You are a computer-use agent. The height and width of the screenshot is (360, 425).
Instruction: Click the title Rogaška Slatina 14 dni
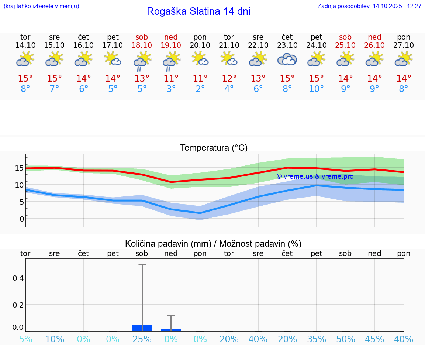coord(198,11)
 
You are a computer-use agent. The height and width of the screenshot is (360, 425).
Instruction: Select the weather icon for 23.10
coord(287,59)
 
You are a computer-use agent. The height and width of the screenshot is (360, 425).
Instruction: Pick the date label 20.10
coord(200,45)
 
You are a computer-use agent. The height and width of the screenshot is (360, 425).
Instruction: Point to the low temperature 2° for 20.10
coord(200,89)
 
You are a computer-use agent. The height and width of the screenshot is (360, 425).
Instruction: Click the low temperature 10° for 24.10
coord(317,89)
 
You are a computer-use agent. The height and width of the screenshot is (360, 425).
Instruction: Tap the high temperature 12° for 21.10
coord(229,78)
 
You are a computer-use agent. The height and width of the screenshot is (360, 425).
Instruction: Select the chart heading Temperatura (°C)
coord(214,148)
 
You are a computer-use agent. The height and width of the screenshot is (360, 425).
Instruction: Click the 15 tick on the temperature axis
coord(19,168)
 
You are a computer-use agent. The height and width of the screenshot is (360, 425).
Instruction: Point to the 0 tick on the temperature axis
coord(22,219)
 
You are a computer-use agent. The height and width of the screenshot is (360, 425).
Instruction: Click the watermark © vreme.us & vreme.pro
coord(315,176)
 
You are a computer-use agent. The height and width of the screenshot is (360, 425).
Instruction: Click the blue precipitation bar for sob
coord(142,328)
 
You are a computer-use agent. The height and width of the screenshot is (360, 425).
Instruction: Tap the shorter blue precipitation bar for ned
coord(171,330)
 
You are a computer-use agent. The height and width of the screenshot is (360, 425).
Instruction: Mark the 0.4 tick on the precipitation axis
coord(18,278)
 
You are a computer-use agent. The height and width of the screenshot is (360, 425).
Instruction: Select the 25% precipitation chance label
coord(142,339)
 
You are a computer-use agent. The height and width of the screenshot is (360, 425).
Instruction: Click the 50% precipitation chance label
coord(346,339)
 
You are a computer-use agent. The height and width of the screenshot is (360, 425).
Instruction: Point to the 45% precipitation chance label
coord(375,339)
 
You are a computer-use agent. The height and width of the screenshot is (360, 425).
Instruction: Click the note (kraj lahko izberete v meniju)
coord(41,6)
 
